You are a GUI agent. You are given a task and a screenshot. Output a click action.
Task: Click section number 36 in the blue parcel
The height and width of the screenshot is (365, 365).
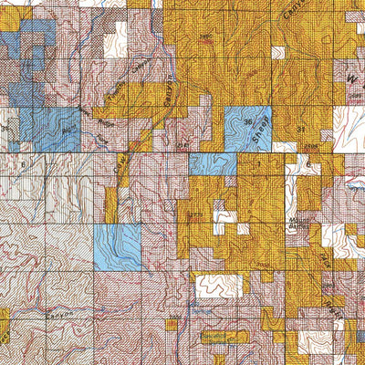tap(247, 120)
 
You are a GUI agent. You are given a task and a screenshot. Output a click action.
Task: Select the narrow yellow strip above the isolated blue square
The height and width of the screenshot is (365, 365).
tap(111, 205)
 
